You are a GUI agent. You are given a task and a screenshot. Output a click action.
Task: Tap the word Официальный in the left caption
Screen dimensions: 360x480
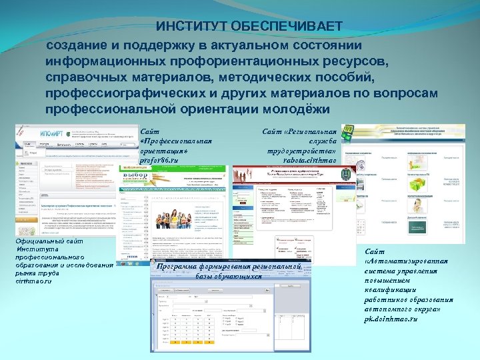(x=42, y=241)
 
